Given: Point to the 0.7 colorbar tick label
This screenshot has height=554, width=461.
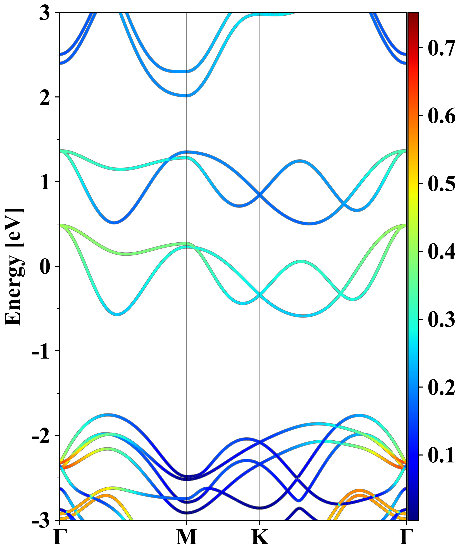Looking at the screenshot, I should point(442,48).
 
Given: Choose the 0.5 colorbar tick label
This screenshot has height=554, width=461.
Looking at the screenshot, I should point(442,184).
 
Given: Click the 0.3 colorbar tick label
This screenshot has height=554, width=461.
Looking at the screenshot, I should point(442,320).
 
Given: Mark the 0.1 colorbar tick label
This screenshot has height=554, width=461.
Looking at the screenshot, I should point(442,455).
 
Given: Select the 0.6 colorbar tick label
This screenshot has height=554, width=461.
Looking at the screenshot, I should point(442,116).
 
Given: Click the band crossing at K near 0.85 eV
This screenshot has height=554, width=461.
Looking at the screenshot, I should point(260,195).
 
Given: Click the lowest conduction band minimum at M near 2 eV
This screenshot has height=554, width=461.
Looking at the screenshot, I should point(186,95).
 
